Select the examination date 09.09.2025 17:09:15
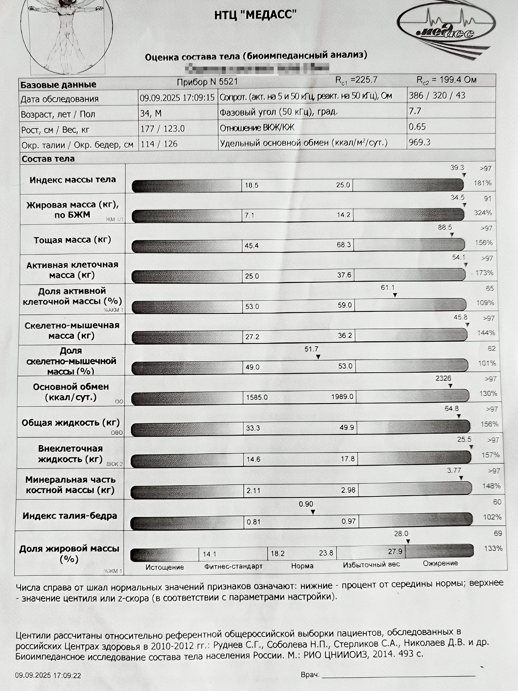[177, 98]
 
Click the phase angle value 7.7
[415, 111]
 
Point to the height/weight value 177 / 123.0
[162, 129]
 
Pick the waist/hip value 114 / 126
[159, 144]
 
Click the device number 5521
[228, 81]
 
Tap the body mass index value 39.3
[457, 168]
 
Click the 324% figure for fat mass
[483, 213]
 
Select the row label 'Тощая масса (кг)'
[72, 240]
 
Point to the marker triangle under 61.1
[395, 295]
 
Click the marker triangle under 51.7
[318, 357]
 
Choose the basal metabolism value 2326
[443, 378]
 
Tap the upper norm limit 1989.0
[342, 397]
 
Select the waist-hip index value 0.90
[306, 504]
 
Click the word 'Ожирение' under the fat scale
[440, 563]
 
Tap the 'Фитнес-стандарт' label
[233, 566]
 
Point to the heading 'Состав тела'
[48, 159]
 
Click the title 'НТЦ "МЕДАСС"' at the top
[255, 16]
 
